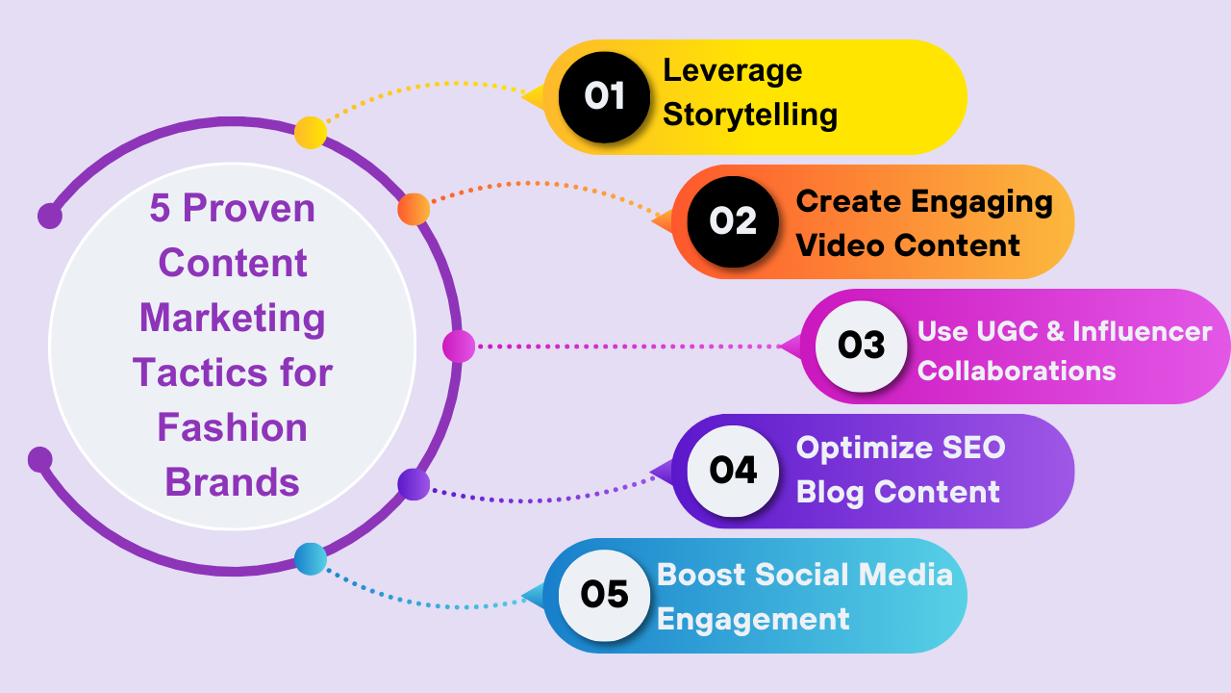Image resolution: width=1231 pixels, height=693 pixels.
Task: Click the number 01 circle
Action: click(605, 96)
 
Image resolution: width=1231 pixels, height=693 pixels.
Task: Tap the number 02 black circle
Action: click(733, 221)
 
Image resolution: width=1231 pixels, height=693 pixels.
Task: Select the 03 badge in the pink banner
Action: click(862, 346)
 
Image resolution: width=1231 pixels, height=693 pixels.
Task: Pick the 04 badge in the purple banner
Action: click(733, 471)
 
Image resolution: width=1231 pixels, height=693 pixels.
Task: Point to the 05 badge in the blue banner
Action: click(605, 595)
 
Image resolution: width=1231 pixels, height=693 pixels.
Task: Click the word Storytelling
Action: click(750, 115)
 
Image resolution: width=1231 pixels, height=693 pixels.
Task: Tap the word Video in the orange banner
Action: click(833, 244)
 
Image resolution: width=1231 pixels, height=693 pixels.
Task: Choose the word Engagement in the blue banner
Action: click(753, 619)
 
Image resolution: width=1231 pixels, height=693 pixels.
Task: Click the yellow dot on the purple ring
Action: click(310, 132)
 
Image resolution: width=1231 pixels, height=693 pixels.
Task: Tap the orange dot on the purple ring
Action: click(414, 209)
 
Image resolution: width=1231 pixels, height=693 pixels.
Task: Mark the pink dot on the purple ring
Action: click(459, 346)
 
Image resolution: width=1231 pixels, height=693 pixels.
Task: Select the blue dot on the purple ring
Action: click(310, 558)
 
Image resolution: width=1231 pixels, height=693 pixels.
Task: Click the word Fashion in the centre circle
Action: click(233, 427)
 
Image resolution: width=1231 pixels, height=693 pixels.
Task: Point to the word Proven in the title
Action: click(248, 208)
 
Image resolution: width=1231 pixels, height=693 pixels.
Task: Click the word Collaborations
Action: click(1017, 371)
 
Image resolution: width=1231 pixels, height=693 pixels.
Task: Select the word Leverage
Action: click(733, 70)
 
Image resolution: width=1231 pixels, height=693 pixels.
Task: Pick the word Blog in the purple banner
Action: click(830, 492)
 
